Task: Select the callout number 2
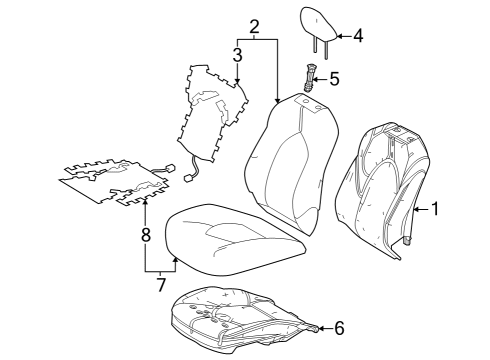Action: [x=254, y=26]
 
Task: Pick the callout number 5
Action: [x=334, y=78]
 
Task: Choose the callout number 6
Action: [x=339, y=327]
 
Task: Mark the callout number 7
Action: [x=159, y=285]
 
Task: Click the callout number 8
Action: [x=145, y=236]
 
